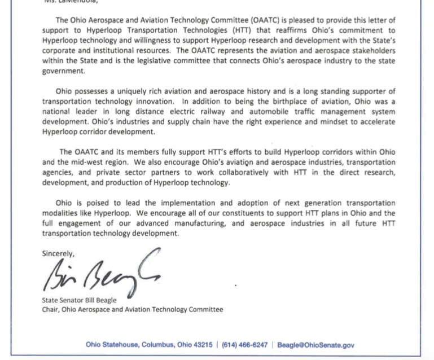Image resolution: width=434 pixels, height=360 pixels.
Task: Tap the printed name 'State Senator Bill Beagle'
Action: point(80,300)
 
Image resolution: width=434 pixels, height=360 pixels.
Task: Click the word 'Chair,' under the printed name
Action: point(52,309)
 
